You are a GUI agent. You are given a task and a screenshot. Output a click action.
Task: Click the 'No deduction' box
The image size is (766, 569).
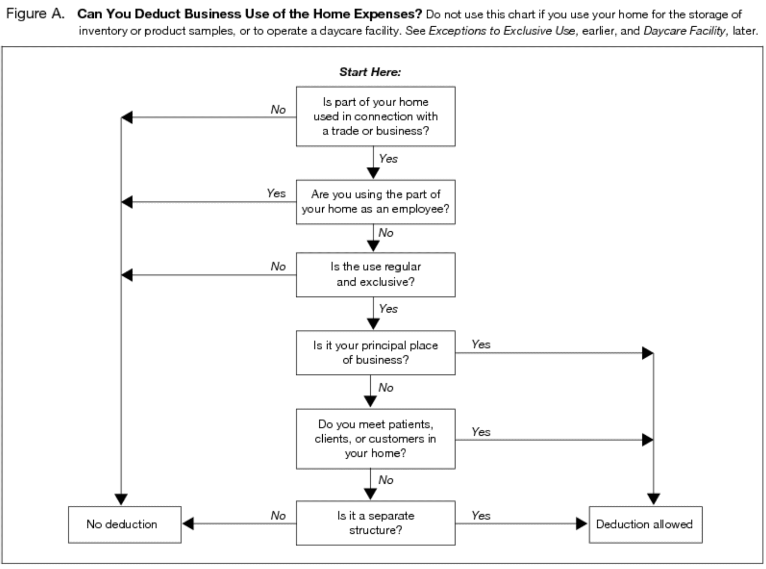(x=124, y=524)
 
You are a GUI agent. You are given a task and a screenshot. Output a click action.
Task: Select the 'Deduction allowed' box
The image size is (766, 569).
(x=645, y=524)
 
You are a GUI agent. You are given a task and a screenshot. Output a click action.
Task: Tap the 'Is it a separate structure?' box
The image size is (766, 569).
(x=376, y=523)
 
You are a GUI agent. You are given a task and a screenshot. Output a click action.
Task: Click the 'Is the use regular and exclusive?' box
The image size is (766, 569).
(x=376, y=275)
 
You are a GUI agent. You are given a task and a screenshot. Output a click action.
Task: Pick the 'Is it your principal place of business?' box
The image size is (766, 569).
(x=376, y=353)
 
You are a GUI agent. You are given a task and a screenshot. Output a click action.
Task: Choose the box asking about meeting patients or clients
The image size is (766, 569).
(x=376, y=439)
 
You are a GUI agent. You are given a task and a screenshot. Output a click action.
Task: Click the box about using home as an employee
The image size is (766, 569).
(x=376, y=202)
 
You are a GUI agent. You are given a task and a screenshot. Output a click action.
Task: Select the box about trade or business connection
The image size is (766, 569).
(x=376, y=116)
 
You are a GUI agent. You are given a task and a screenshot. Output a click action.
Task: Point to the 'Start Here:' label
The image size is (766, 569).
(x=370, y=72)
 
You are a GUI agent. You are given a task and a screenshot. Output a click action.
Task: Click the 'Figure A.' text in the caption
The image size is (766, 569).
(x=35, y=14)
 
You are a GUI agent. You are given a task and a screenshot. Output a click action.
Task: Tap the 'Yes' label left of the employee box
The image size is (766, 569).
(x=276, y=193)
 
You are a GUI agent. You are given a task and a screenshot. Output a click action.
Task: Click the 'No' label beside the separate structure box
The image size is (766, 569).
(x=278, y=515)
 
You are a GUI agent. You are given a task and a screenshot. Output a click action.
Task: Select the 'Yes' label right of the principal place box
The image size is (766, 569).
(x=481, y=344)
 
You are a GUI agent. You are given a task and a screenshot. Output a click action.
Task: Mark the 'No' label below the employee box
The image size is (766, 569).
(x=386, y=232)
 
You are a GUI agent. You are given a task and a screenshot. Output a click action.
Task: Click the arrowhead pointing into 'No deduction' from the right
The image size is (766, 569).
(x=188, y=523)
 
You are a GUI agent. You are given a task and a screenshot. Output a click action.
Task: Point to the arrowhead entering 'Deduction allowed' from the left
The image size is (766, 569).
(x=582, y=523)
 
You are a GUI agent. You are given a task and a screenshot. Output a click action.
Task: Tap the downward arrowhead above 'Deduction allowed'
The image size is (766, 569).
(x=653, y=499)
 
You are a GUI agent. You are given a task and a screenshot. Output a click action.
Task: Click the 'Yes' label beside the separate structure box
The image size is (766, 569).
(x=481, y=515)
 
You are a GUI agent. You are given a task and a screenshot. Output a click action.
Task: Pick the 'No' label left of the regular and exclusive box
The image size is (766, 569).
(x=278, y=266)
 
